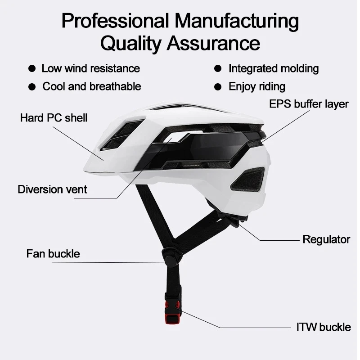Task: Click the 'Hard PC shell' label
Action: coord(54,118)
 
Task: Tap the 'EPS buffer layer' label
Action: coord(309,104)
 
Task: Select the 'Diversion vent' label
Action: coord(52,189)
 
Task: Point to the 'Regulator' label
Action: coord(326,239)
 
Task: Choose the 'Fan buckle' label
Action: coord(53,254)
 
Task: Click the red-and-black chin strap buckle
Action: coord(173,310)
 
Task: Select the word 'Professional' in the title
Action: coord(115,21)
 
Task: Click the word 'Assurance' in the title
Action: coord(213,44)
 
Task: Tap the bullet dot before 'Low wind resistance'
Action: coord(32,69)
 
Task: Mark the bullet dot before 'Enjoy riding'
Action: coord(218,86)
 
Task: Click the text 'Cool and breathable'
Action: coord(92,86)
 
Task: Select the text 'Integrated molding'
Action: coord(274,69)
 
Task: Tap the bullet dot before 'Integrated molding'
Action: coord(218,69)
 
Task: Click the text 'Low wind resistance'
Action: coord(90,69)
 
